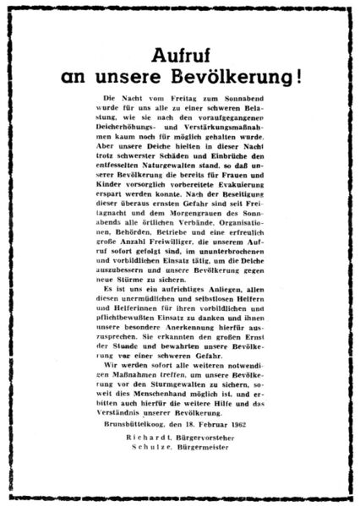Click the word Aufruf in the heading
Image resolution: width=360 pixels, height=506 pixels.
(179, 56)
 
